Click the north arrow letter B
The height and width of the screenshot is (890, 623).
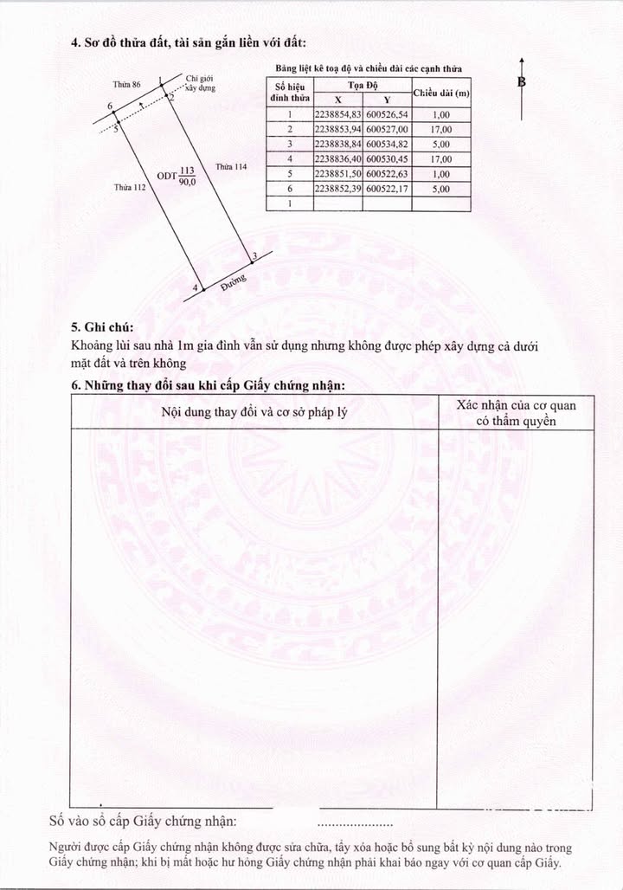coord(522,82)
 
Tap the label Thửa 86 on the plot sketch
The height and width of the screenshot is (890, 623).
coord(126,84)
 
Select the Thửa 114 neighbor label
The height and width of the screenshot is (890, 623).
coord(231,166)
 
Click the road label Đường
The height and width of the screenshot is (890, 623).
coord(234,282)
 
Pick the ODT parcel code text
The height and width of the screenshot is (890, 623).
coord(167,176)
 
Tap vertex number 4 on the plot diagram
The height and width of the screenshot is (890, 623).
coord(195,287)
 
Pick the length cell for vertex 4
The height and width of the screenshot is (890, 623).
coord(440,158)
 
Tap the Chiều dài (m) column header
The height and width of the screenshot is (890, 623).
coord(441,93)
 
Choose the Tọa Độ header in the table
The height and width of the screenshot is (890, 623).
coord(362,85)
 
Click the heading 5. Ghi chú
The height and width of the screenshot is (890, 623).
coord(102,327)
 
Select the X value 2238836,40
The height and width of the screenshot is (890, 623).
coord(338,158)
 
